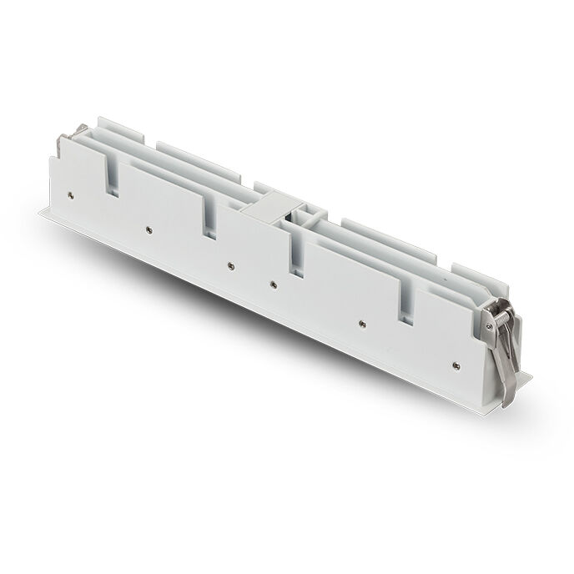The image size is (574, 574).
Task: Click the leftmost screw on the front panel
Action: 71,194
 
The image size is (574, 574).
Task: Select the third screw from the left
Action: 230,265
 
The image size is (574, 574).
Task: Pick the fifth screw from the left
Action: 362,322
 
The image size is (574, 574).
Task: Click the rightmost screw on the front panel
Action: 453,363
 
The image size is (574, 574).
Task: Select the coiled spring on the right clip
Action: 496,318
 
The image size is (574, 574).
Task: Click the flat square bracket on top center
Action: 270,208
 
